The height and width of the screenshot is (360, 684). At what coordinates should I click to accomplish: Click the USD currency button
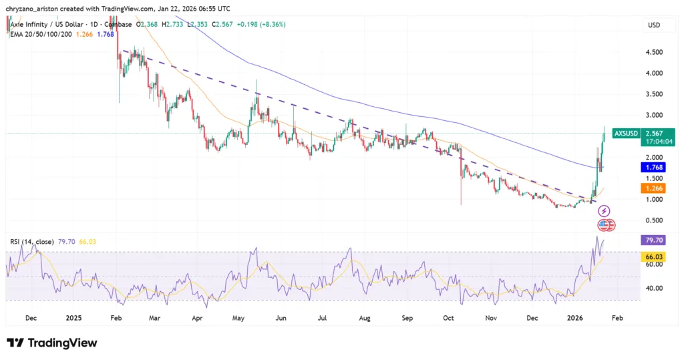pos(653,25)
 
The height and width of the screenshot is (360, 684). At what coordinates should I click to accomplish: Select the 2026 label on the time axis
pos(576,319)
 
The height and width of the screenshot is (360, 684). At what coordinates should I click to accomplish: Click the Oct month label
pos(449,319)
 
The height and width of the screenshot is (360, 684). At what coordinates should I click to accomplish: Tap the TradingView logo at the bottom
pos(52,343)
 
